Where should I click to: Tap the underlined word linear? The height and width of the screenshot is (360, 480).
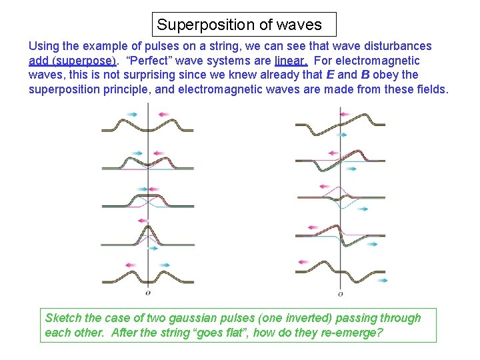coord(291,61)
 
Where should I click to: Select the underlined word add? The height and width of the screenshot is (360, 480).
coord(40,61)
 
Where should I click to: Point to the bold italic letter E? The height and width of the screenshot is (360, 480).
coord(327,75)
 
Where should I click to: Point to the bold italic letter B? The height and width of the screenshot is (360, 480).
coord(365,75)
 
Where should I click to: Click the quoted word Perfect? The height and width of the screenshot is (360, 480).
coord(150,61)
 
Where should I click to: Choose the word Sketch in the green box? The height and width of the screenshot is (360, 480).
coord(63,317)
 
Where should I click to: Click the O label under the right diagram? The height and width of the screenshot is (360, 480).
coord(340,293)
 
